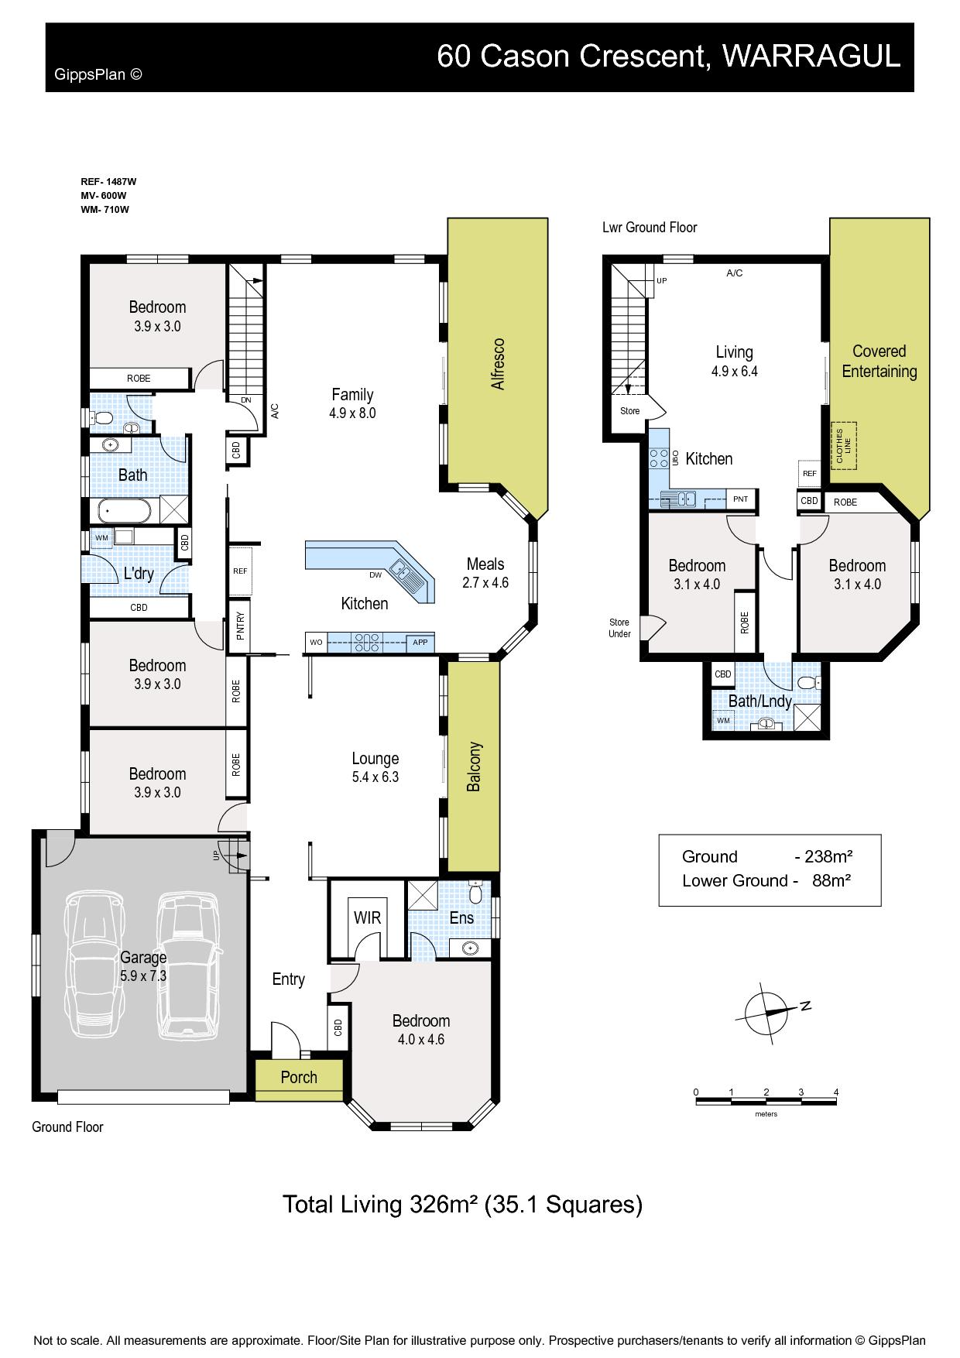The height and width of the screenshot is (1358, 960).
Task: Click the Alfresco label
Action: (x=498, y=363)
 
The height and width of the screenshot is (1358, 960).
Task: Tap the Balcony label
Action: (x=474, y=766)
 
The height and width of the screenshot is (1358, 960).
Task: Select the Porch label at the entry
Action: (x=299, y=1077)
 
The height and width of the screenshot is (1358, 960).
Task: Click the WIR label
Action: (x=367, y=917)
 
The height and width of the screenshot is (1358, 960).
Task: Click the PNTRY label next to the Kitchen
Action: (x=240, y=625)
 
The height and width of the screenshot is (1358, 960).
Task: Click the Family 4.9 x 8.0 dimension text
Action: (x=352, y=413)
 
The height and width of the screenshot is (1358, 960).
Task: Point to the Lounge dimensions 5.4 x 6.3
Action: (x=375, y=777)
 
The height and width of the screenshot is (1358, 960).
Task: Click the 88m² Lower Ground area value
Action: (x=831, y=880)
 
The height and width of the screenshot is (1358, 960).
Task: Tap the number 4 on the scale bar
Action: (x=836, y=1092)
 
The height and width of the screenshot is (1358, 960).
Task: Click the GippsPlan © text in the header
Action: (x=98, y=74)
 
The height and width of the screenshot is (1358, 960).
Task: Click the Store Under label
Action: (x=619, y=628)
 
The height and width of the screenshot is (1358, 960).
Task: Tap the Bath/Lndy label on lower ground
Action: (x=759, y=701)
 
